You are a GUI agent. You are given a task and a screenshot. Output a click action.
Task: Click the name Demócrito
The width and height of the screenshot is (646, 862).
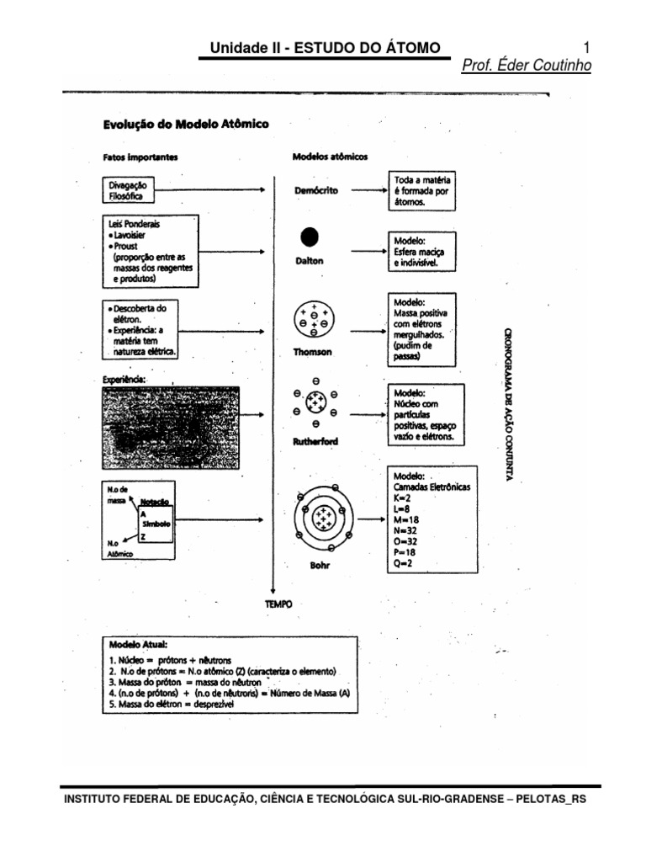(x=316, y=191)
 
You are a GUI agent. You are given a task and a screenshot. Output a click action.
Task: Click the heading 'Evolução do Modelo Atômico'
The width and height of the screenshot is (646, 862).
(x=186, y=124)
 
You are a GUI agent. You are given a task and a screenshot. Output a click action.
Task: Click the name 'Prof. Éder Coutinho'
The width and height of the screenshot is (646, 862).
(x=527, y=67)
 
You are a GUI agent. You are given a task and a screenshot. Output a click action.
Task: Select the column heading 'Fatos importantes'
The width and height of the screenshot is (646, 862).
(x=140, y=157)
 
